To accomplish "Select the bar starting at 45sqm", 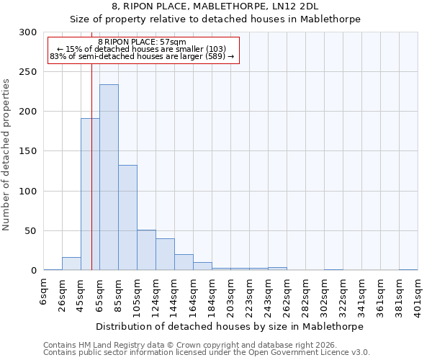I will [x=90, y=194].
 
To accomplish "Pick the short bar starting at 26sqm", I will [x=71, y=264].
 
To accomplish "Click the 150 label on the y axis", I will [x=27, y=151].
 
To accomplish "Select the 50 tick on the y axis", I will [x=30, y=231].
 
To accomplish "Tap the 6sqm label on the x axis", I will [x=44, y=291].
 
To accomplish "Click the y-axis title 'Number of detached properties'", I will [x=6, y=154].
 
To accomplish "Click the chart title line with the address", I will [x=215, y=6].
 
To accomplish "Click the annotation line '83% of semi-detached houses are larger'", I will [x=142, y=56].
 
